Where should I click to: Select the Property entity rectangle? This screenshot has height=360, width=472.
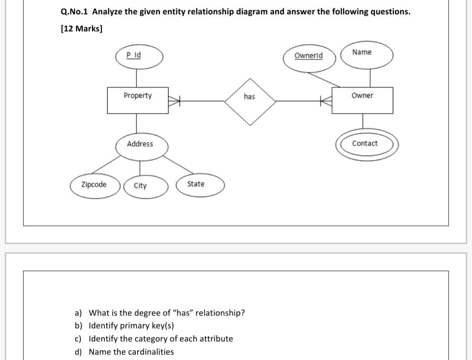point(138,100)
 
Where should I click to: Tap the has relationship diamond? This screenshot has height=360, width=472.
point(250,101)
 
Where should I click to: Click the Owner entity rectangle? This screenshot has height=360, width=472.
point(362,100)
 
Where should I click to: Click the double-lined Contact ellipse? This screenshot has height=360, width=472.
point(367,144)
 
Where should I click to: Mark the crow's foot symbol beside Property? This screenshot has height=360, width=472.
point(174,101)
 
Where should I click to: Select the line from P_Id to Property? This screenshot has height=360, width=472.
point(137,79)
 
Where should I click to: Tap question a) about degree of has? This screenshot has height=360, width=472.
point(166,313)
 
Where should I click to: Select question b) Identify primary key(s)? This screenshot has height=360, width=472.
point(131,326)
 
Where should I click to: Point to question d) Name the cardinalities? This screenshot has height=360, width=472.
point(131,352)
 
